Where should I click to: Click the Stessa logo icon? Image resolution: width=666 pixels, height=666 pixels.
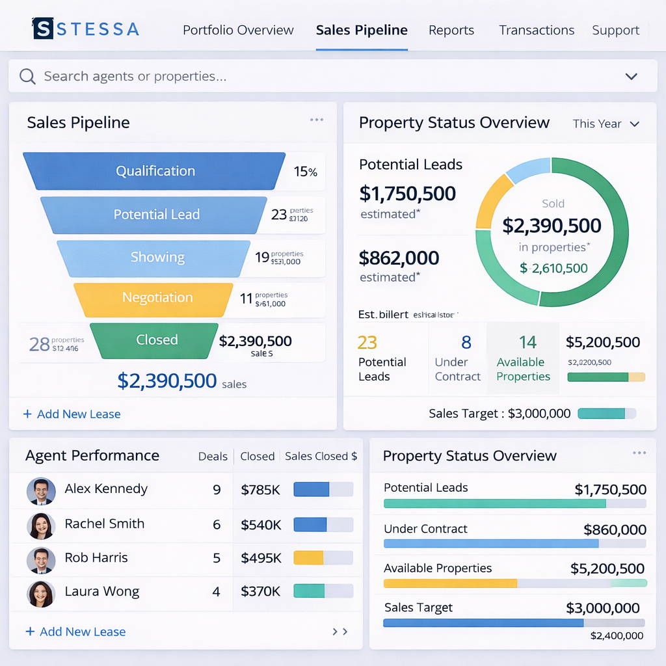click(43, 28)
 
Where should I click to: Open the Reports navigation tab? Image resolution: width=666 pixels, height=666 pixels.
click(451, 30)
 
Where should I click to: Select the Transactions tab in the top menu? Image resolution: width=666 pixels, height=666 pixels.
click(537, 30)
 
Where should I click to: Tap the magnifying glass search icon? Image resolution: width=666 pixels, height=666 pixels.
click(27, 77)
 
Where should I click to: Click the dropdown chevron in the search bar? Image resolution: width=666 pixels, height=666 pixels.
click(631, 77)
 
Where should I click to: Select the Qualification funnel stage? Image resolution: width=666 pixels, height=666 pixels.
click(155, 171)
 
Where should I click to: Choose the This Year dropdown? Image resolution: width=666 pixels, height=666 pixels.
click(606, 124)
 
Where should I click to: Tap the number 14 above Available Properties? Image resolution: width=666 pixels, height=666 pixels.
click(527, 342)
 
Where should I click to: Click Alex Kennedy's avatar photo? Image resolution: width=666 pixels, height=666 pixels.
click(41, 491)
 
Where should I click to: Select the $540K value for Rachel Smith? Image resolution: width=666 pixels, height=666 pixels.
click(260, 524)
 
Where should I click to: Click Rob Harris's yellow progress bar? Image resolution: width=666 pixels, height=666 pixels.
click(309, 557)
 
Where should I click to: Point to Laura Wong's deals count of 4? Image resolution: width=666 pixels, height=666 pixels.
click(216, 592)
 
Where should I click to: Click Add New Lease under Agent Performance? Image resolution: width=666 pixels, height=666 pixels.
click(75, 632)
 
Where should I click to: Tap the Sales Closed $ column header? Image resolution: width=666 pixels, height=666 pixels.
click(321, 457)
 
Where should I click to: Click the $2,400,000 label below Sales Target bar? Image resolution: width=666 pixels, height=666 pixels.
click(617, 635)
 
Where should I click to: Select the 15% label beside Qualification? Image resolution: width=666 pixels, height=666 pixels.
click(305, 172)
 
